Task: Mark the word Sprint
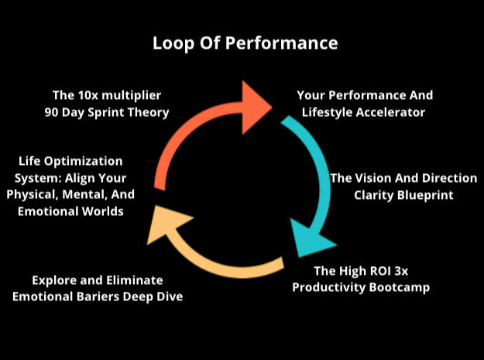pos(112,111)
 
